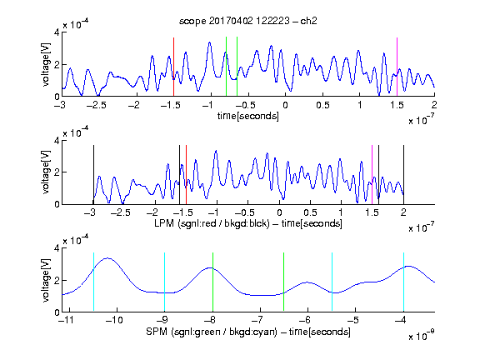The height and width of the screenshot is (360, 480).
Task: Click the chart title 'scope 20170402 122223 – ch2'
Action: [248, 21]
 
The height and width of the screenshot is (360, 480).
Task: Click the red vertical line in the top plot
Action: [173, 67]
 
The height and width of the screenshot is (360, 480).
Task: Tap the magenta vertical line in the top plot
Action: [397, 67]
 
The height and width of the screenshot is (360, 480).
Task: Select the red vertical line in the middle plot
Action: [186, 175]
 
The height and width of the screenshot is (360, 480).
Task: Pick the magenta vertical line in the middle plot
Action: [372, 175]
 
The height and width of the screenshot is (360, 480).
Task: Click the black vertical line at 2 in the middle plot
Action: [404, 175]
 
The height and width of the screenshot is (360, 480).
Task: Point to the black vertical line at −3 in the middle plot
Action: [93, 175]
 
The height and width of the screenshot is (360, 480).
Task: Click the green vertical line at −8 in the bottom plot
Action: [212, 282]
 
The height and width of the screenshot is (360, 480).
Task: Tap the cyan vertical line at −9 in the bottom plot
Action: [165, 282]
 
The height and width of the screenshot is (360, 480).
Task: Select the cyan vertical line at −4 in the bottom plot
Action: [404, 282]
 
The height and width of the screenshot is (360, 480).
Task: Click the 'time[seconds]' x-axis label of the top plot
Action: [248, 117]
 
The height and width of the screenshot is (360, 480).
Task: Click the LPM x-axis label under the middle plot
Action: [248, 223]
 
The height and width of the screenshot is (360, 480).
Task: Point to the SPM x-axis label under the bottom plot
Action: [248, 332]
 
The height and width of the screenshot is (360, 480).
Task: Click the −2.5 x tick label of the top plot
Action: [97, 105]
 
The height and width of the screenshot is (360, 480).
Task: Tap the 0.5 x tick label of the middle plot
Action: [310, 212]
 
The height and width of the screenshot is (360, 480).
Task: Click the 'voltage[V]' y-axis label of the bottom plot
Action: [45, 280]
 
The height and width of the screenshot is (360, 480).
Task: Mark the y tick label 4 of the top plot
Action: [57, 32]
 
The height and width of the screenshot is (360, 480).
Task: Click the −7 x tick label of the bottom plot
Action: [260, 320]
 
